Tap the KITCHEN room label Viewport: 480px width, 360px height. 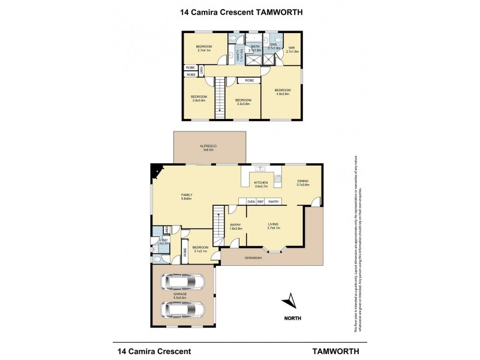(x=260, y=183)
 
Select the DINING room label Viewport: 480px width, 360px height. (x=302, y=183)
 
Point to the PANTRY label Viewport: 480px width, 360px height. (x=274, y=202)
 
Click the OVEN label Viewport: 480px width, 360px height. (x=251, y=202)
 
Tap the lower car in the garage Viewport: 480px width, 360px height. (x=183, y=310)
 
